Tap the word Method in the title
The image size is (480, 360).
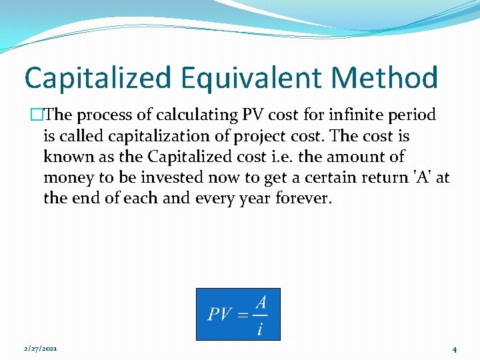[385, 78]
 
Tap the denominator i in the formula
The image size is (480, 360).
[259, 329]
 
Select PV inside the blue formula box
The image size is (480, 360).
[220, 314]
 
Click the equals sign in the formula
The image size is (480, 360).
[243, 314]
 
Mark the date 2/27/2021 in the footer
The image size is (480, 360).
[40, 349]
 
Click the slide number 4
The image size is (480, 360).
[454, 349]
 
